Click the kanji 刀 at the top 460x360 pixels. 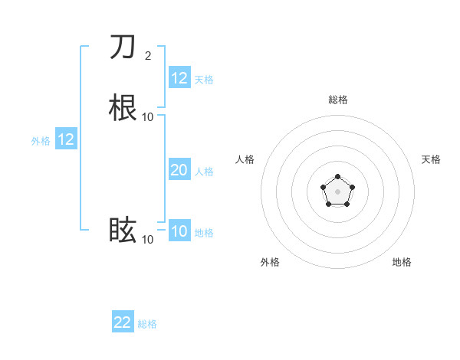(123, 47)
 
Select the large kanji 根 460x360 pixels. (123, 106)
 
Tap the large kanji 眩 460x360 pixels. (123, 230)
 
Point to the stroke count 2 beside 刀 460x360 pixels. (148, 55)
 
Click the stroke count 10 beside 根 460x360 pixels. (148, 116)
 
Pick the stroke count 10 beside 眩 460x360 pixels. (148, 240)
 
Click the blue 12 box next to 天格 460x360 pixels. (179, 78)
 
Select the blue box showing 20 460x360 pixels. (179, 170)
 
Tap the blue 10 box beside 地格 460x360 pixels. (179, 231)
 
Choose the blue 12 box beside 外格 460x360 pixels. (66, 139)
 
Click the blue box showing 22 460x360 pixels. (123, 322)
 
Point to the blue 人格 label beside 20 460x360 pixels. (205, 172)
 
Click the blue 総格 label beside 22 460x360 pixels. (148, 324)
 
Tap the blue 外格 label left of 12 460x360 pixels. (41, 141)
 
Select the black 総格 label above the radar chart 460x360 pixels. (338, 100)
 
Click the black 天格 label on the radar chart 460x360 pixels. (432, 159)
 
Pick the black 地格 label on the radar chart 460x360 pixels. (402, 262)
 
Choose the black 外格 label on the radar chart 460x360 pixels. (270, 262)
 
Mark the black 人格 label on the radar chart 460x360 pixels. (245, 159)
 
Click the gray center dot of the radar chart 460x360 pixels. (338, 191)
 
